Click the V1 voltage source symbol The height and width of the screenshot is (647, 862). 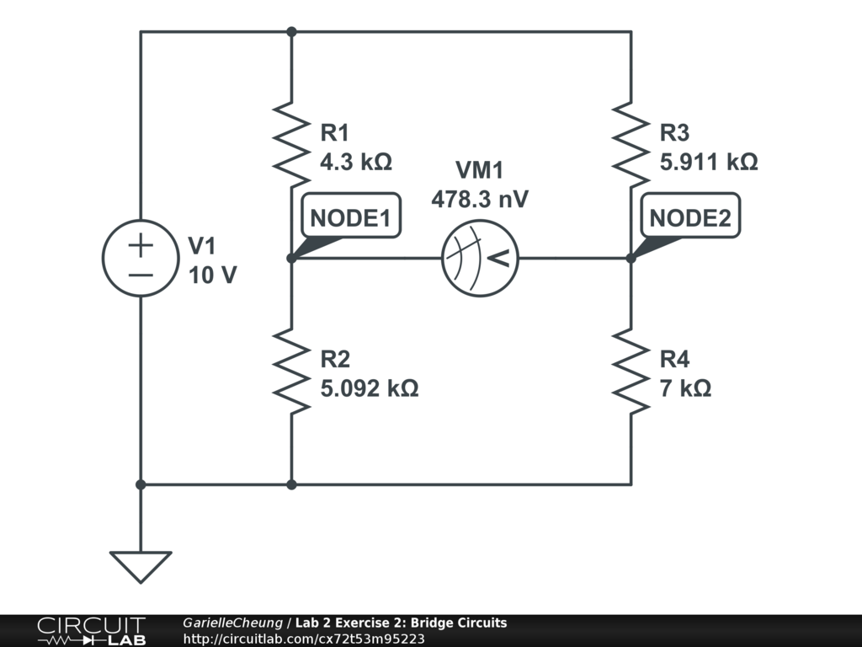tap(141, 259)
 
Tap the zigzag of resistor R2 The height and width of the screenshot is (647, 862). tap(290, 372)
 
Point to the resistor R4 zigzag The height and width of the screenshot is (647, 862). tap(631, 372)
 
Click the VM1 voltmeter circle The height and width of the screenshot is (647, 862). tap(481, 259)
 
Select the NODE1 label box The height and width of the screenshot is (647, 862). tap(351, 218)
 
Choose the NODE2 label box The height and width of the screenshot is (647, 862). tap(690, 218)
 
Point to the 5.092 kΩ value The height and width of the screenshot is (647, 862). tap(370, 388)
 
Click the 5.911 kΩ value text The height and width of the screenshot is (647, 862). tap(709, 161)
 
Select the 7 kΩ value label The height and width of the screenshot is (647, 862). tap(685, 388)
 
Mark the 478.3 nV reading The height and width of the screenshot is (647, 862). tap(480, 199)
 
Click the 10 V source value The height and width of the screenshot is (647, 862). tap(212, 275)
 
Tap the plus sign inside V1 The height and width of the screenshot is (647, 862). tap(141, 245)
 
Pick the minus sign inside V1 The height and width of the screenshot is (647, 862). tap(141, 275)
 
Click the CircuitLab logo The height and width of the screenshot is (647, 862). tap(91, 631)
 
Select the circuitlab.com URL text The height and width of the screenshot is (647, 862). tap(304, 639)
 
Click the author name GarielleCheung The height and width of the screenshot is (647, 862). tap(233, 623)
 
